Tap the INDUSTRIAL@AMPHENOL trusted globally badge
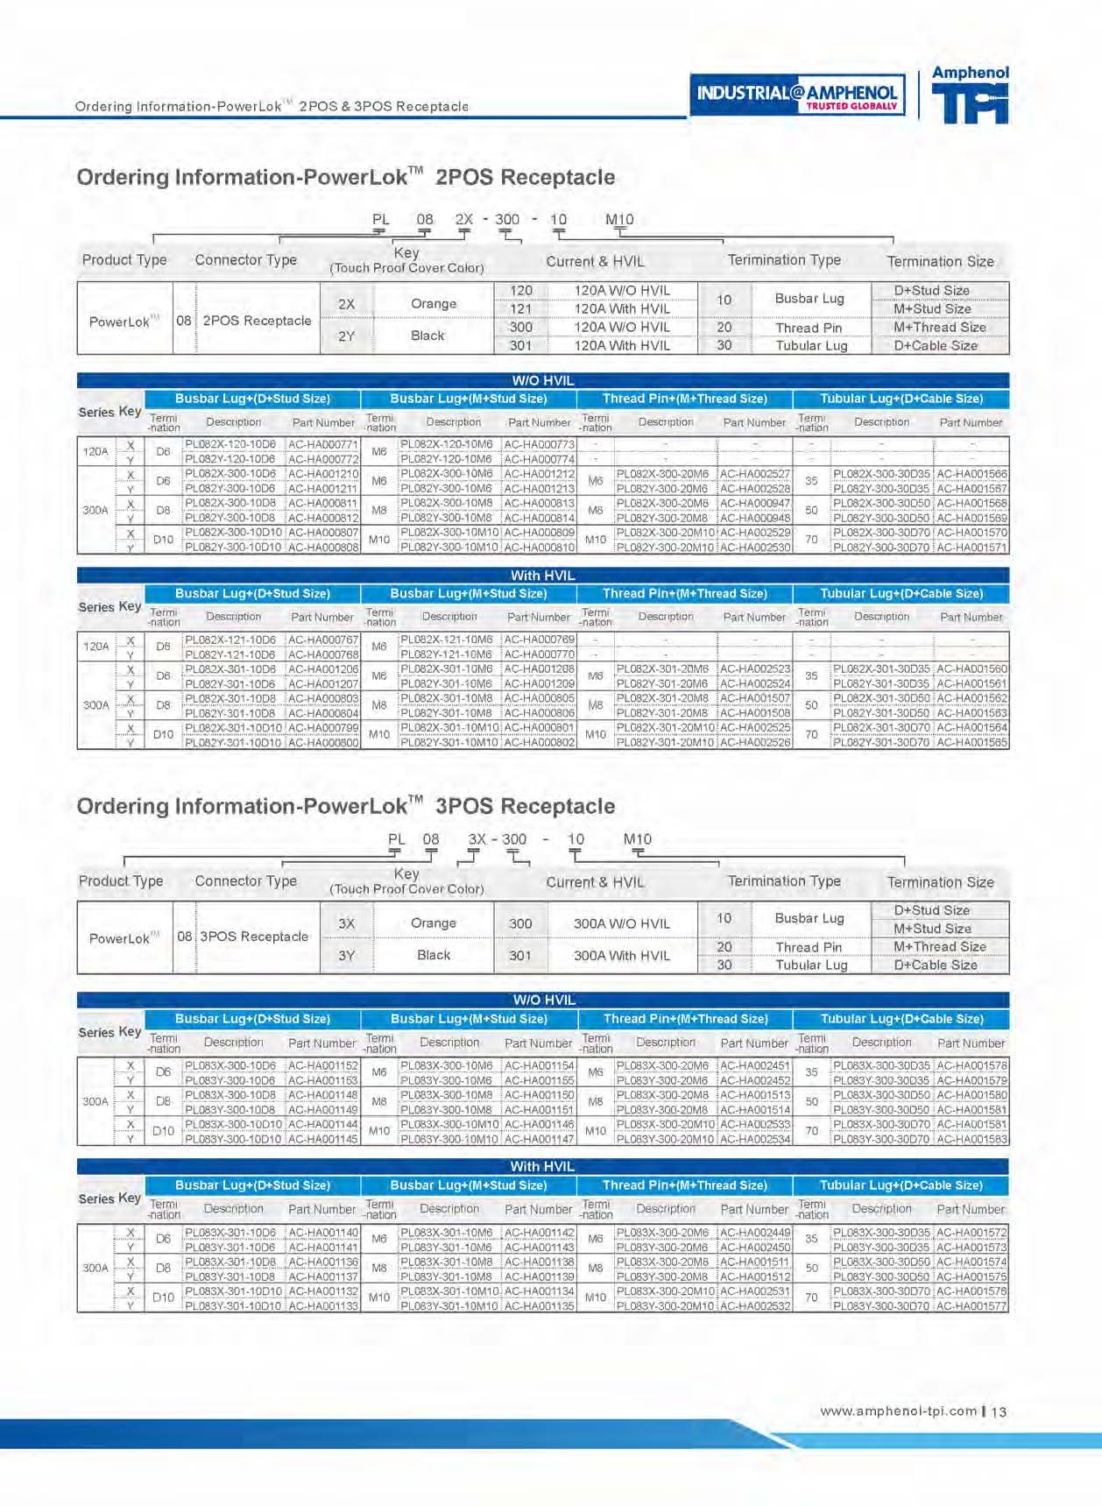pos(797,95)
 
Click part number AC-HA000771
pos(323,444)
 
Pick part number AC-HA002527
pos(754,474)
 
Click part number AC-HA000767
pos(323,640)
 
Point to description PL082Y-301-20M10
pos(666,743)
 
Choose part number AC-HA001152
pos(323,1066)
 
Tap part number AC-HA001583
pos(971,1140)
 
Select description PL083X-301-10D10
pos(233,1291)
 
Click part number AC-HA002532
pos(754,1306)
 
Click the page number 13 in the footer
pos(1000,1411)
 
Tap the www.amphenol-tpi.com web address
pos(898,1411)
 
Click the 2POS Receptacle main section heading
pos(346,177)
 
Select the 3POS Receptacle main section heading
pos(346,806)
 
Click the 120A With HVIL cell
pos(621,308)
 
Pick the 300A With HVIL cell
pos(621,956)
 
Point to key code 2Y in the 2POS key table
pos(346,336)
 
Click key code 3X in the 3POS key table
pos(346,923)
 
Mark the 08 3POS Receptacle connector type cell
pos(244,937)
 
